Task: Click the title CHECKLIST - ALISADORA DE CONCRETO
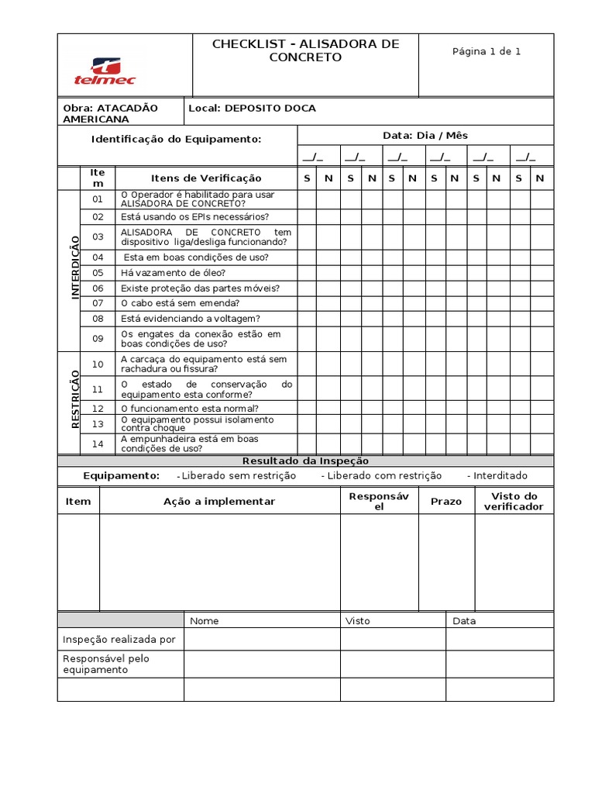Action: (x=305, y=50)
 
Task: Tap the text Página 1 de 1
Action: (x=487, y=51)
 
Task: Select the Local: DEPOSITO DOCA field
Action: (x=253, y=109)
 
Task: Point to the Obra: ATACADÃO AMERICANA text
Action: (x=110, y=113)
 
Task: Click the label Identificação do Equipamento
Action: (x=177, y=139)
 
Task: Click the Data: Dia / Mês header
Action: (x=425, y=135)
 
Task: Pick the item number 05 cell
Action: (x=98, y=273)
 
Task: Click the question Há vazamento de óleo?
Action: (x=173, y=273)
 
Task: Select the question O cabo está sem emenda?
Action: (x=180, y=303)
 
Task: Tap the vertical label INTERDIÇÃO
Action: (x=76, y=268)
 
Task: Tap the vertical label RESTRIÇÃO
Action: (x=76, y=399)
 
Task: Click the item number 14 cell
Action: (x=98, y=444)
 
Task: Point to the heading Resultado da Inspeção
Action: (x=306, y=461)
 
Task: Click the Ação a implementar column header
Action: (x=219, y=502)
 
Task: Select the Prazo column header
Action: (x=446, y=502)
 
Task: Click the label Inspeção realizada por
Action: (x=119, y=640)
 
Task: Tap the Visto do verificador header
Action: (x=514, y=502)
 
